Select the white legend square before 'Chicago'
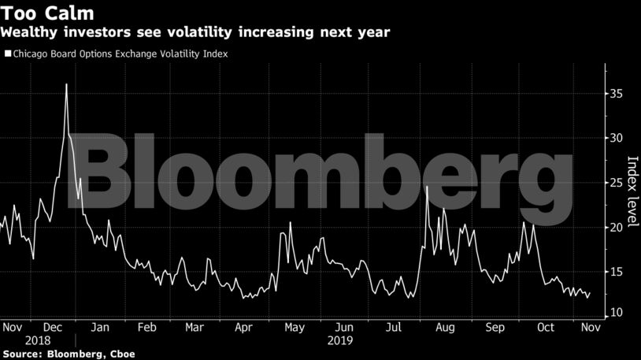(7, 54)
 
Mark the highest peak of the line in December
(66, 84)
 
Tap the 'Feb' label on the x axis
(146, 327)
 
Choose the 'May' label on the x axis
(295, 327)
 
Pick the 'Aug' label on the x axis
(445, 327)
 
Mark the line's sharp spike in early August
(426, 187)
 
